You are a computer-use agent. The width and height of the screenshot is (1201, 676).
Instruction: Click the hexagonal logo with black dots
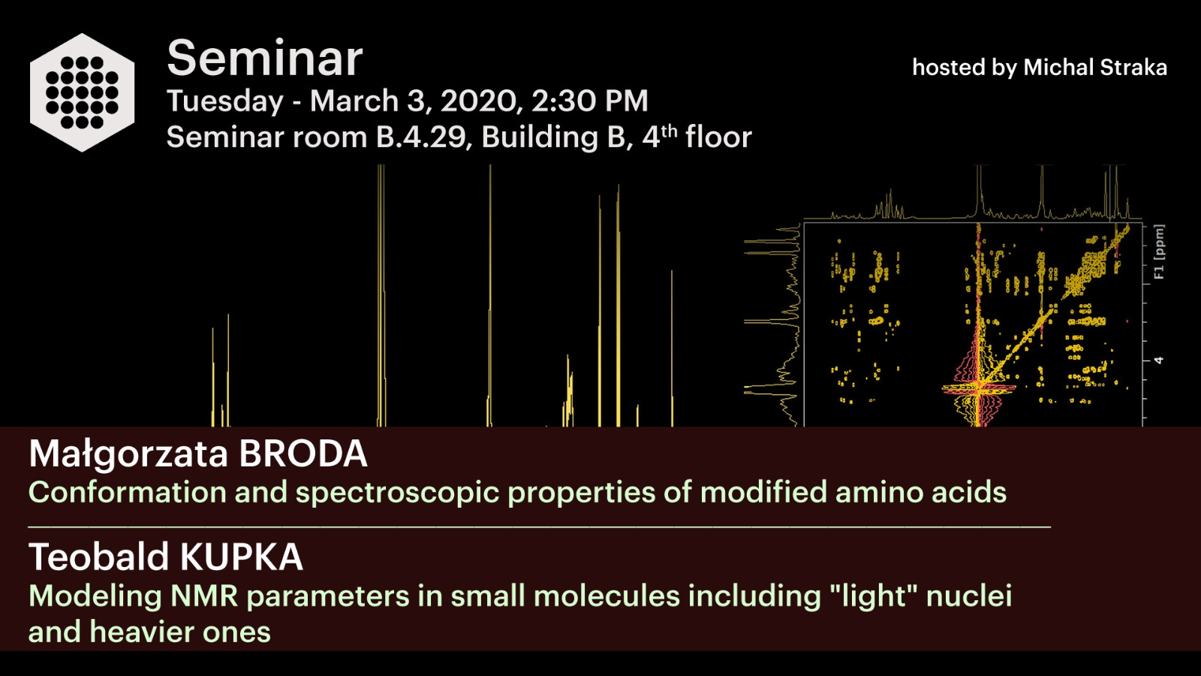82,92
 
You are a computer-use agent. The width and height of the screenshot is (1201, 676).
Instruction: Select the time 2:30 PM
590,101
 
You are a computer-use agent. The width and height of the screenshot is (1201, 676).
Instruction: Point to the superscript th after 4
670,131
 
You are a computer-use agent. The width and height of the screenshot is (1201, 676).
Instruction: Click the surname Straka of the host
1133,68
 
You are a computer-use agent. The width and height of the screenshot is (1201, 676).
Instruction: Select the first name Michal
1058,68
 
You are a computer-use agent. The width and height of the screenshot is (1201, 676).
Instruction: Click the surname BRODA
303,454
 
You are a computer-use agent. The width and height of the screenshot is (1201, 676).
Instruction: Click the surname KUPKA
241,557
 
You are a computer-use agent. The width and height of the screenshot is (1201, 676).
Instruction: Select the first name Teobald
99,557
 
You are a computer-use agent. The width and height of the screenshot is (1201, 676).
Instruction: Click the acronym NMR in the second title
204,596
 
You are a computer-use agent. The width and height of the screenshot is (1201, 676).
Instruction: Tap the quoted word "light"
874,597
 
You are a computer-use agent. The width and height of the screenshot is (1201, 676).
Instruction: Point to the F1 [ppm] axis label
1159,252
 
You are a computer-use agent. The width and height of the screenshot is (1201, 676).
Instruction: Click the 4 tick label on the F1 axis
1159,361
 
